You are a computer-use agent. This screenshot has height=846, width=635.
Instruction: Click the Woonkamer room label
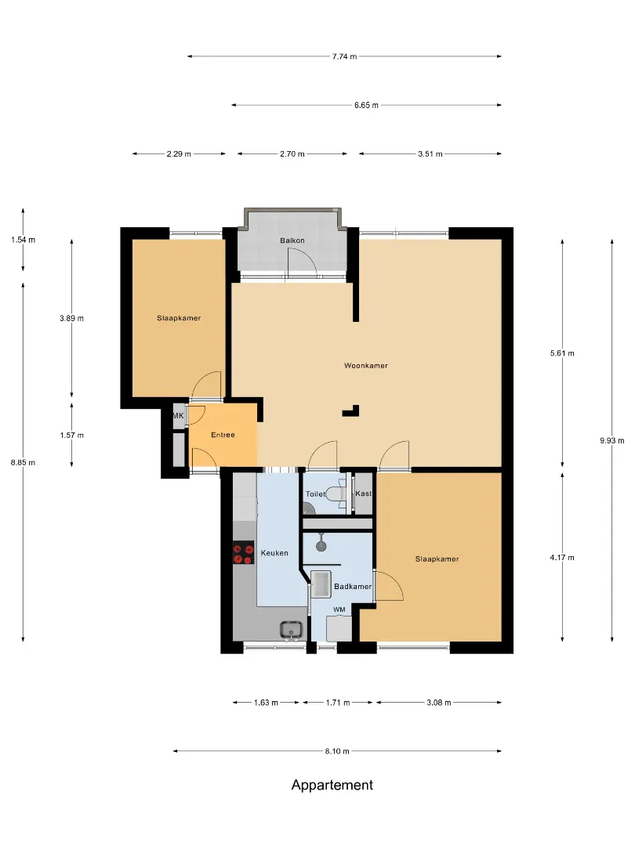pyautogui.click(x=365, y=365)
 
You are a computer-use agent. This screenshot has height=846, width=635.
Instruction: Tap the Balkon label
pyautogui.click(x=292, y=240)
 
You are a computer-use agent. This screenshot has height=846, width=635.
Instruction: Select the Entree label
pyautogui.click(x=223, y=434)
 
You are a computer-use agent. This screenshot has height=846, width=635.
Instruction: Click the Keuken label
pyautogui.click(x=274, y=552)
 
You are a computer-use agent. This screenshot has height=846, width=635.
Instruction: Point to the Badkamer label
pyautogui.click(x=353, y=586)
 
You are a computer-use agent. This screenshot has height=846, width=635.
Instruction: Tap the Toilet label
pyautogui.click(x=316, y=493)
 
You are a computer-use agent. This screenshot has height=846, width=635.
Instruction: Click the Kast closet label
pyautogui.click(x=364, y=493)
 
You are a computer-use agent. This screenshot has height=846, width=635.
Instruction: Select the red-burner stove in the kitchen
pyautogui.click(x=243, y=553)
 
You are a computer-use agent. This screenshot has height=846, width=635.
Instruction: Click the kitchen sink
pyautogui.click(x=292, y=630)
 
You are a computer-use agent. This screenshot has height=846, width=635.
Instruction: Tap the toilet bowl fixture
pyautogui.click(x=337, y=493)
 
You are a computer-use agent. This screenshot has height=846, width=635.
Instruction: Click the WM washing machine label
pyautogui.click(x=339, y=609)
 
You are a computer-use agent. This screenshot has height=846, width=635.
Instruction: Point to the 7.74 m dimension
pyautogui.click(x=344, y=56)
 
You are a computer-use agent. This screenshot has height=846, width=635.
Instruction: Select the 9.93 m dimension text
pyautogui.click(x=611, y=440)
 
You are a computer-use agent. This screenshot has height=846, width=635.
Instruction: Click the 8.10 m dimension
pyautogui.click(x=337, y=750)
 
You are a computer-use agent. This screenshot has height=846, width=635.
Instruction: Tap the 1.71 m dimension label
pyautogui.click(x=337, y=702)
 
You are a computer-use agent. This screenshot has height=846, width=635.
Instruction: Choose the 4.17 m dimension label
pyautogui.click(x=562, y=558)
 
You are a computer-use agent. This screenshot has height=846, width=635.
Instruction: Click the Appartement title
pyautogui.click(x=332, y=785)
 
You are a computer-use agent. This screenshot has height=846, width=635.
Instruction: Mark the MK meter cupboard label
pyautogui.click(x=178, y=416)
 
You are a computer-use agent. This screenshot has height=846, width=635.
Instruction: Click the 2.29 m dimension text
pyautogui.click(x=179, y=154)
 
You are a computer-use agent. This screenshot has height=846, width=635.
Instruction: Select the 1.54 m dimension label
pyautogui.click(x=24, y=240)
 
